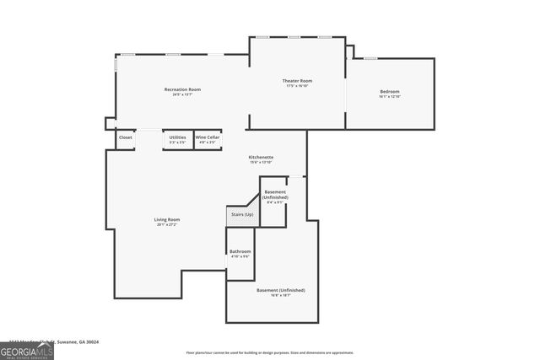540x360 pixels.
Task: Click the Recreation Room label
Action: coord(182,89)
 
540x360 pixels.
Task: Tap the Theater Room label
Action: coord(297,81)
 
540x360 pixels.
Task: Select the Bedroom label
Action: coord(389,91)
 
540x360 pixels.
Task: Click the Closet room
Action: coord(125,137)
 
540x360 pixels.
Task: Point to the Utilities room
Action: coord(177,139)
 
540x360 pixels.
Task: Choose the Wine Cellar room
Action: coord(208,139)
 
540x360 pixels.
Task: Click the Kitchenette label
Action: coord(261,158)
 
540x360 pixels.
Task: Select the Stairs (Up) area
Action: coord(242,215)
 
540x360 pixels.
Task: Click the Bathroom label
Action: coord(240,252)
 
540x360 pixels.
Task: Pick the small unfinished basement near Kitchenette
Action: coord(275,195)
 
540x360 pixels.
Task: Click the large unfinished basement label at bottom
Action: coord(281,290)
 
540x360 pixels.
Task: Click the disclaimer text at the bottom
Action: coord(270,352)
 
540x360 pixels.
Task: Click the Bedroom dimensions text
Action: coord(389,97)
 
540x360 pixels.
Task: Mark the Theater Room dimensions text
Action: coord(297,86)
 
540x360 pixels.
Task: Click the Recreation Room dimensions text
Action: coord(182,94)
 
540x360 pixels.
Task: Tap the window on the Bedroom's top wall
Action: coord(370,58)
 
